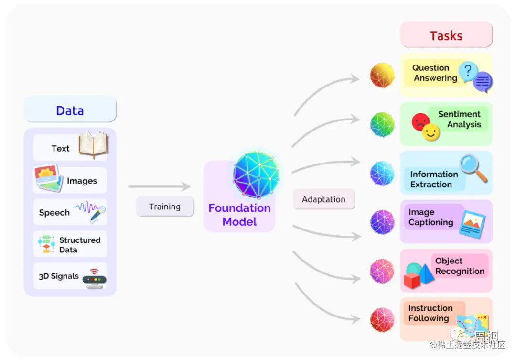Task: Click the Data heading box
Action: pyautogui.click(x=70, y=110)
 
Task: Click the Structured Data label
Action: pyautogui.click(x=80, y=245)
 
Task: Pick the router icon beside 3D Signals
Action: pyautogui.click(x=94, y=278)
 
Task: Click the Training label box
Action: pyautogui.click(x=165, y=207)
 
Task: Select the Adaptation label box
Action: pyautogui.click(x=323, y=199)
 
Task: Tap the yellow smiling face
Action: pyautogui.click(x=431, y=132)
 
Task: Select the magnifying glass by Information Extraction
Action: pyautogui.click(x=473, y=167)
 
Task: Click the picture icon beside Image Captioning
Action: pyautogui.click(x=472, y=223)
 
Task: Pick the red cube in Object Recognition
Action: pyautogui.click(x=412, y=280)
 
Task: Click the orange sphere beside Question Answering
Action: pyautogui.click(x=382, y=75)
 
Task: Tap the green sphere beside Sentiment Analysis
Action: pyautogui.click(x=382, y=124)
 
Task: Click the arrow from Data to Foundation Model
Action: pyautogui.click(x=159, y=187)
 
